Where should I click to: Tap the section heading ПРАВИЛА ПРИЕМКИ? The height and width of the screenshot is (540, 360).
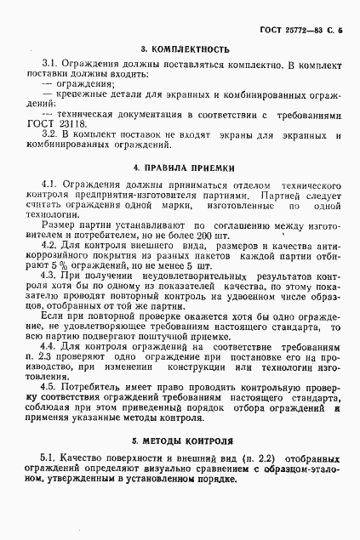click(x=185, y=168)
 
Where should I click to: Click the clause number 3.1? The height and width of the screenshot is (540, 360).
click(x=49, y=65)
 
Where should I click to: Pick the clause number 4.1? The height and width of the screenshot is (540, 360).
click(x=49, y=185)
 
